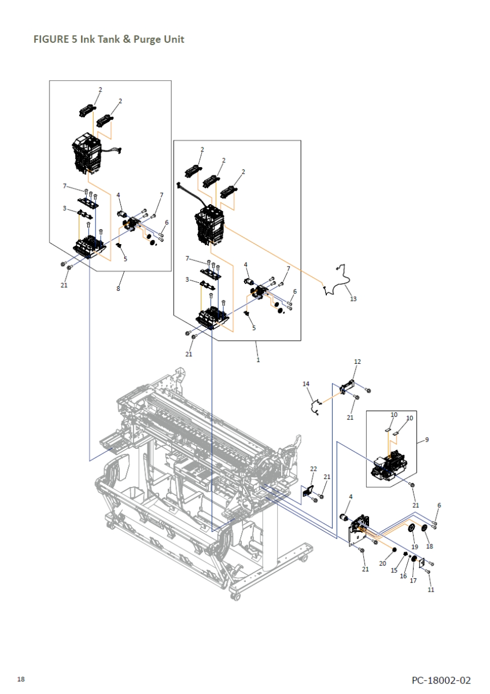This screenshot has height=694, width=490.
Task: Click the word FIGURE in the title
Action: click(x=51, y=39)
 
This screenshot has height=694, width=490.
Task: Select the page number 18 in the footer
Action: click(x=21, y=680)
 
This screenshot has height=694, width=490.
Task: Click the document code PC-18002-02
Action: click(x=441, y=680)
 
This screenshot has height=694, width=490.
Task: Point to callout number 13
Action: click(x=353, y=298)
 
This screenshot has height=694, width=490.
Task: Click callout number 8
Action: click(x=118, y=289)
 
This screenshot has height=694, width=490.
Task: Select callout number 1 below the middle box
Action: click(x=258, y=360)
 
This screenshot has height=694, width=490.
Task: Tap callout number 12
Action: click(x=358, y=361)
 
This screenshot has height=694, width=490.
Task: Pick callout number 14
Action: click(x=306, y=384)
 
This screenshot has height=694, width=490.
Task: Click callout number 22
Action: click(x=314, y=469)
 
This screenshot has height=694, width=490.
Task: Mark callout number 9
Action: click(x=427, y=440)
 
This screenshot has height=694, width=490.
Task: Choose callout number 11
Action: click(x=431, y=589)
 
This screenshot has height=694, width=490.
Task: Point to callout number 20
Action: click(x=383, y=563)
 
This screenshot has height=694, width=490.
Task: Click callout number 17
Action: click(x=413, y=581)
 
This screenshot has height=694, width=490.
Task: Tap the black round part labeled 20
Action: click(x=394, y=550)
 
